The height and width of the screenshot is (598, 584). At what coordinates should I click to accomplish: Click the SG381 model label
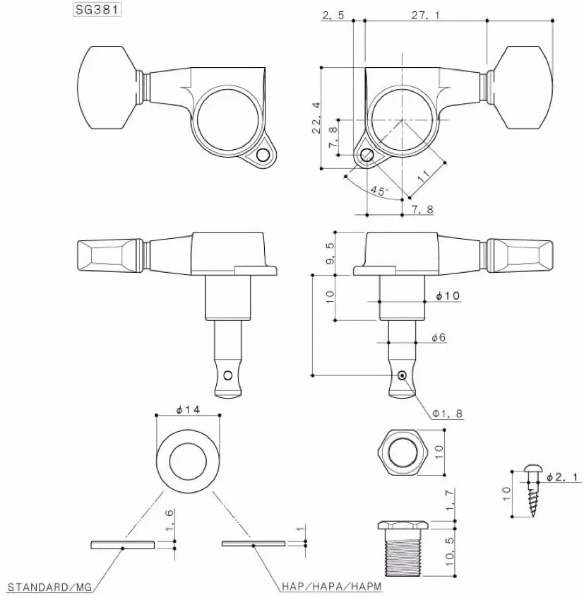point(97,9)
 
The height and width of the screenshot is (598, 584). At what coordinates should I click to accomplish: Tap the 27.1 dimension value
point(426,16)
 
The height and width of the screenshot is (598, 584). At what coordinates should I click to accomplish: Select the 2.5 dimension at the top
point(333,16)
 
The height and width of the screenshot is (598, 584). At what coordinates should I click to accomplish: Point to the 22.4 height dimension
point(316,117)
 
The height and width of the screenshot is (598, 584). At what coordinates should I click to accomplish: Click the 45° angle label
point(379,190)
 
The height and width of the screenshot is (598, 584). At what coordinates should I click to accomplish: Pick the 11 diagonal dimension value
point(424,176)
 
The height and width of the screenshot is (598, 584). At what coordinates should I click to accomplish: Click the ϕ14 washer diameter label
point(188,409)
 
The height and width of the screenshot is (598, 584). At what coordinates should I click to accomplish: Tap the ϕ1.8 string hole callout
point(447,414)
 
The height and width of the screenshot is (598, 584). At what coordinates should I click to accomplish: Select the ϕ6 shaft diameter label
point(439,337)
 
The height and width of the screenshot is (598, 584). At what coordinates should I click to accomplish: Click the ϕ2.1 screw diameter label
point(562,476)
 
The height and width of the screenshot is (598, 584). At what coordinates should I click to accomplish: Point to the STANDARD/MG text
point(50,587)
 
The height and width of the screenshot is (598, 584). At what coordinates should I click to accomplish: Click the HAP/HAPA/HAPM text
point(331,586)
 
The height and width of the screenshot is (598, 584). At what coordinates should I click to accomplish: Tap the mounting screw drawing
point(533,491)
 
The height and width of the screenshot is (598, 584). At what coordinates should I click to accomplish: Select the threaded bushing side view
point(403,549)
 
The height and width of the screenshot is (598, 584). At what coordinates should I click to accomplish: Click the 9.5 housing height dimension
point(330,254)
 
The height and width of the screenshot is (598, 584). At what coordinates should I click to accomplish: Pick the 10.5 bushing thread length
point(450,552)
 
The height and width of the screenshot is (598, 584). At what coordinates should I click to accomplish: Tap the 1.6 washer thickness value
point(169,520)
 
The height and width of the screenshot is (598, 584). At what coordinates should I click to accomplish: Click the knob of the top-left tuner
point(107,88)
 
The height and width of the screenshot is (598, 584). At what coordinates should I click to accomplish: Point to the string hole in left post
point(228,375)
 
